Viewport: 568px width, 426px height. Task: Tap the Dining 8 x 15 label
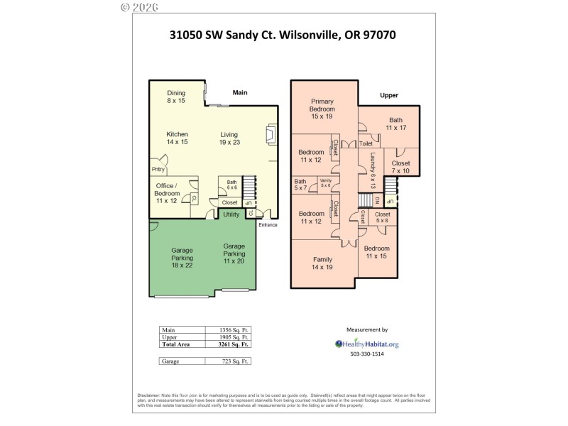click(x=176, y=97)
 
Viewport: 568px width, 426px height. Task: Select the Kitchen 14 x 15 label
click(x=177, y=138)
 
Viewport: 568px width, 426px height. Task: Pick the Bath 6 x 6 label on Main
click(x=231, y=185)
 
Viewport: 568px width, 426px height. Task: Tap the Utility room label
click(x=231, y=214)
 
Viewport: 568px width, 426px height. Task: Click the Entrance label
click(x=267, y=225)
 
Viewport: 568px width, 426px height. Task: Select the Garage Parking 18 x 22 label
click(x=182, y=257)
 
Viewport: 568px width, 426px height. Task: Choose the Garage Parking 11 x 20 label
click(x=234, y=253)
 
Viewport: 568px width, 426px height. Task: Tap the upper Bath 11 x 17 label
click(x=395, y=124)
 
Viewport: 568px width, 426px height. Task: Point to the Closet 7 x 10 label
click(x=400, y=167)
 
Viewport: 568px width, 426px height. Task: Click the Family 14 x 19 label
click(x=322, y=263)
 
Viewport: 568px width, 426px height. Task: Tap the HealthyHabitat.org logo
click(x=366, y=344)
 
